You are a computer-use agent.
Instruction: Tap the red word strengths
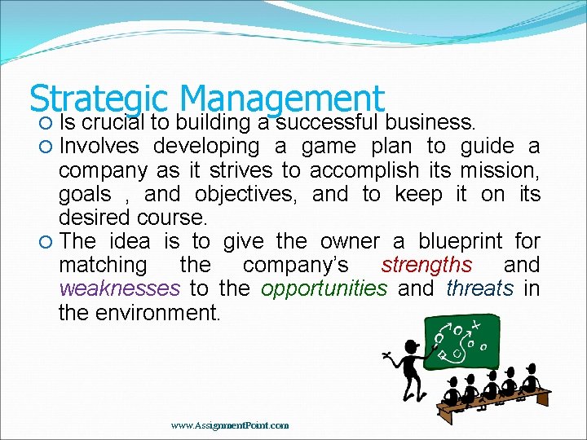coord(426,265)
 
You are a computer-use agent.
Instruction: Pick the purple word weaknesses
coord(119,288)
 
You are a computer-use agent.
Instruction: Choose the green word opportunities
coord(324,288)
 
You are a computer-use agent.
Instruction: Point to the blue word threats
coord(479,288)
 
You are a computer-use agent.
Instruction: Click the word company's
coord(296,265)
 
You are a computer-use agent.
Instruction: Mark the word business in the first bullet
coord(430,123)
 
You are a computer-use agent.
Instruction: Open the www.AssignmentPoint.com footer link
coord(230,425)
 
